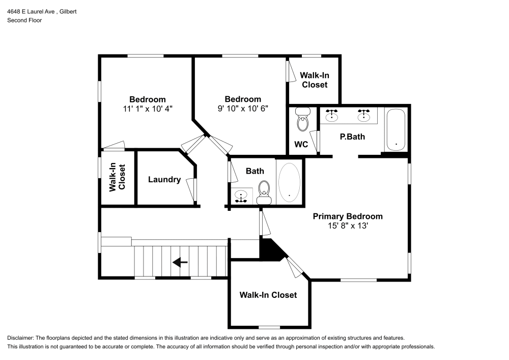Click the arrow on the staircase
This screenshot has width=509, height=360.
[180, 262]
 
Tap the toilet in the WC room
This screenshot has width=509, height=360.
[303, 121]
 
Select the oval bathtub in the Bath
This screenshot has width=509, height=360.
[289, 183]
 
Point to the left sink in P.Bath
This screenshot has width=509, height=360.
[332, 116]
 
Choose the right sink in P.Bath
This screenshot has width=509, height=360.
[364, 116]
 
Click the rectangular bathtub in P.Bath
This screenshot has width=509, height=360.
[395, 129]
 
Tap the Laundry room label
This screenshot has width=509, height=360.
[164, 180]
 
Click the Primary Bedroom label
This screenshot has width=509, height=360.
[348, 216]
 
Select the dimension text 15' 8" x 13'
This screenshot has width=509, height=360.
[348, 226]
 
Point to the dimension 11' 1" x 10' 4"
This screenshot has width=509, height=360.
[147, 108]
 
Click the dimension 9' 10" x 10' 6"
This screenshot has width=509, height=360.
[243, 108]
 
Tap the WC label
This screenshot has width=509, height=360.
[301, 145]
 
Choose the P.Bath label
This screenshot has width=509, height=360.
[352, 137]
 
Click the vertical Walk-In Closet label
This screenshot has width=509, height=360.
[117, 177]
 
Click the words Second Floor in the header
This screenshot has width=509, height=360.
[24, 20]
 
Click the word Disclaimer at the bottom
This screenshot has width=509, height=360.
[20, 338]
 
